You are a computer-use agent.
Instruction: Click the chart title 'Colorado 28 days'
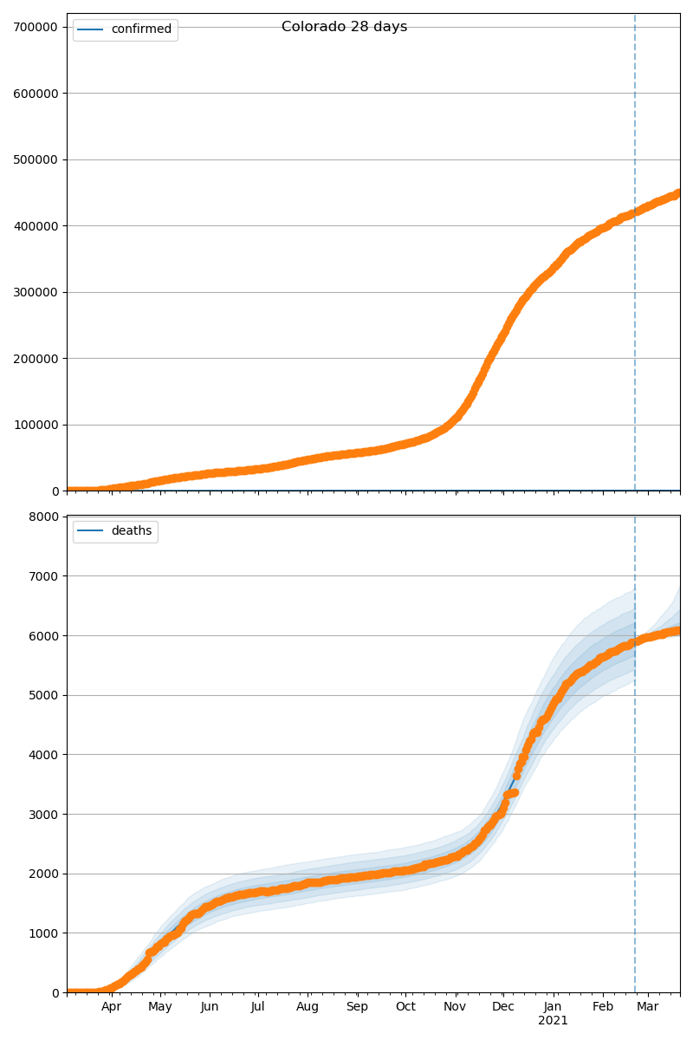pyautogui.click(x=344, y=27)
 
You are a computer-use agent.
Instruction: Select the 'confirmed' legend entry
pyautogui.click(x=141, y=29)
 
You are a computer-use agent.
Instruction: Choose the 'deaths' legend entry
pyautogui.click(x=131, y=531)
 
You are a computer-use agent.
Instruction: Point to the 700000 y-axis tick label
pyautogui.click(x=36, y=27)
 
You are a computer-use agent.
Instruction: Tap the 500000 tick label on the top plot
pyautogui.click(x=36, y=159)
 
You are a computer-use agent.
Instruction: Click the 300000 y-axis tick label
pyautogui.click(x=36, y=292)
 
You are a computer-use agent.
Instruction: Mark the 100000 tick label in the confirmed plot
pyautogui.click(x=36, y=425)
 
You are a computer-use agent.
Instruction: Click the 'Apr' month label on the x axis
pyautogui.click(x=111, y=1007)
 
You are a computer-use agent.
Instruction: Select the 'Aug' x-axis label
pyautogui.click(x=308, y=1007)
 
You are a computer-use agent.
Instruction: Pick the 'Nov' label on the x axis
pyautogui.click(x=455, y=1007)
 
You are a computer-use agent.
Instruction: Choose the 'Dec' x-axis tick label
pyautogui.click(x=503, y=1007)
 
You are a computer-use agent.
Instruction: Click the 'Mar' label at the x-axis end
pyautogui.click(x=648, y=1007)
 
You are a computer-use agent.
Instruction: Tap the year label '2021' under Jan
pyautogui.click(x=553, y=1021)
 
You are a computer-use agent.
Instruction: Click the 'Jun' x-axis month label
pyautogui.click(x=209, y=1007)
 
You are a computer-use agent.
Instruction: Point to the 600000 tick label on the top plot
pyautogui.click(x=36, y=94)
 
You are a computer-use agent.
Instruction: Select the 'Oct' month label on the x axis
pyautogui.click(x=405, y=1007)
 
